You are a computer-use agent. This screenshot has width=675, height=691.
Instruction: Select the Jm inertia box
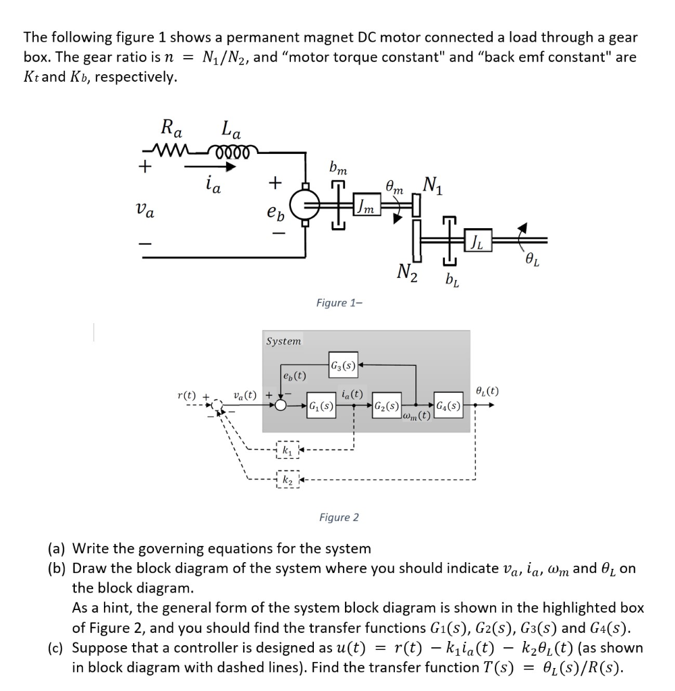tap(367, 202)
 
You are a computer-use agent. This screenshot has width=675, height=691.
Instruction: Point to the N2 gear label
tap(407, 273)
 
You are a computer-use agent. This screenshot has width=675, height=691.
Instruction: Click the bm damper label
tap(338, 167)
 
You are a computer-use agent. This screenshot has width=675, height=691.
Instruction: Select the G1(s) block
tap(321, 406)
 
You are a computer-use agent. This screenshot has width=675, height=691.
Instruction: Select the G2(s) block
tap(387, 406)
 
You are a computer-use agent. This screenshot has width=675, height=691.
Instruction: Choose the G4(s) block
tap(449, 406)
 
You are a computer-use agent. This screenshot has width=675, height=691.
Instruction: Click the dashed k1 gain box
tap(286, 449)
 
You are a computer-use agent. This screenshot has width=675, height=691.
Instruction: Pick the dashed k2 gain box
tap(286, 480)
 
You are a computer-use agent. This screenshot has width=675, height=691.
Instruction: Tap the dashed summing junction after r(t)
tap(217, 406)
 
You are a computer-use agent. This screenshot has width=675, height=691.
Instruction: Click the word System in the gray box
tap(283, 341)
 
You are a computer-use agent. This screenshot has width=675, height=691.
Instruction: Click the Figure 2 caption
tap(339, 518)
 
